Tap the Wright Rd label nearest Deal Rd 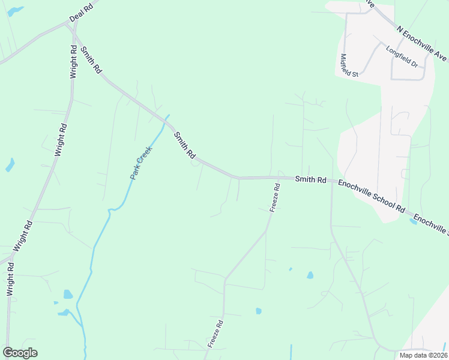click(73, 63)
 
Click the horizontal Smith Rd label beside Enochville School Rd click(310, 179)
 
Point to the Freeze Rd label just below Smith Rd click(275, 197)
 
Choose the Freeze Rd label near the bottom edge click(215, 334)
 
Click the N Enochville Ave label click(422, 43)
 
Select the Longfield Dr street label click(400, 57)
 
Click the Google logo click(20, 353)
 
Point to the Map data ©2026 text click(423, 355)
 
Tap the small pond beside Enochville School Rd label click(413, 222)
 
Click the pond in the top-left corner click(16, 11)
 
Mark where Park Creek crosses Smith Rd click(166, 118)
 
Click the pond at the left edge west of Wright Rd click(10, 165)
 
